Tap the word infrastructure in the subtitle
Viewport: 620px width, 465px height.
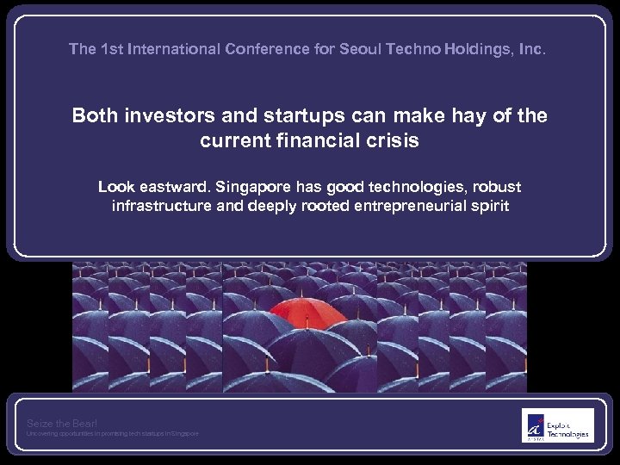[x=163, y=207]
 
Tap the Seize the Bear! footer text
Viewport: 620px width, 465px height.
[x=62, y=423]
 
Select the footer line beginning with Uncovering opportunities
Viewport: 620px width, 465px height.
[x=112, y=434]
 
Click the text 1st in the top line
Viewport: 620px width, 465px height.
[x=110, y=49]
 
